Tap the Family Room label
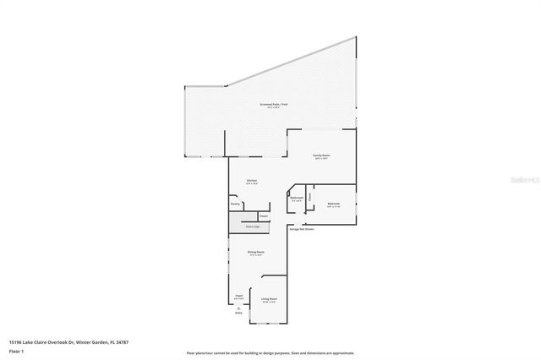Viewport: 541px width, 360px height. click(x=320, y=156)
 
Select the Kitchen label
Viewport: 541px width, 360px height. click(x=252, y=181)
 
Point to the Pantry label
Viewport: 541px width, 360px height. click(x=235, y=204)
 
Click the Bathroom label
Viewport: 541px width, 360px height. click(x=297, y=199)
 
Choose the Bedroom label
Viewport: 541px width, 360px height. click(x=334, y=204)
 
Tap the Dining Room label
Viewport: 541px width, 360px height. click(x=255, y=252)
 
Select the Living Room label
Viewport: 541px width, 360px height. click(x=269, y=299)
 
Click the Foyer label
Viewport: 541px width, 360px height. click(x=238, y=297)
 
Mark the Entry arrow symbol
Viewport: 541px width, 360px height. click(x=238, y=308)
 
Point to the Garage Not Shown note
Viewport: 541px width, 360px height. click(x=303, y=229)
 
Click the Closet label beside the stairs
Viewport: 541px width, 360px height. click(x=264, y=216)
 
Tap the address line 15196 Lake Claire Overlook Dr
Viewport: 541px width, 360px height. click(x=68, y=342)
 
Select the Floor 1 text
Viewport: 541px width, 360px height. click(x=16, y=351)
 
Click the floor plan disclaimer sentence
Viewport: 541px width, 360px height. click(x=270, y=352)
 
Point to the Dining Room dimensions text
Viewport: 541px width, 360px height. click(x=255, y=255)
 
